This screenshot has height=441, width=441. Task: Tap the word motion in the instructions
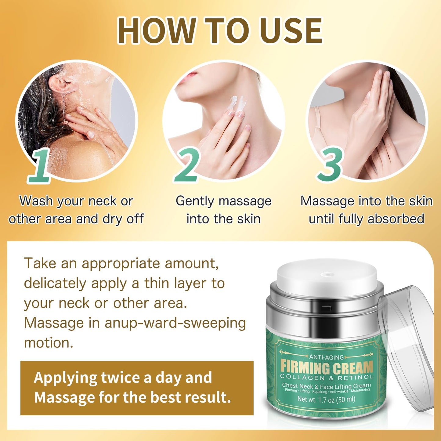tap(48, 343)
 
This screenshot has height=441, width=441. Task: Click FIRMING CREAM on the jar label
tap(327, 367)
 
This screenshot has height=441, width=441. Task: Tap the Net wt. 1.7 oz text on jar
tap(326, 399)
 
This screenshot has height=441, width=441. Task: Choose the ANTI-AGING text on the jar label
tap(326, 357)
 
